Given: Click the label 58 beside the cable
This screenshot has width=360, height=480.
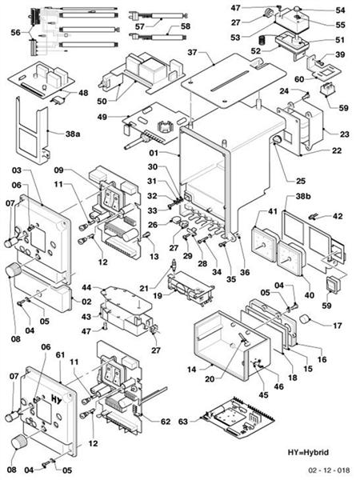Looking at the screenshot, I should pos(186,26).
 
